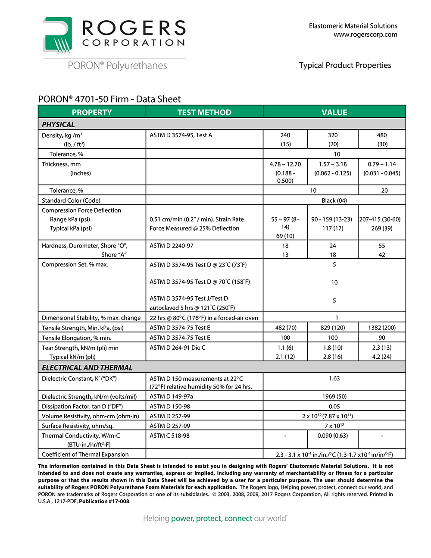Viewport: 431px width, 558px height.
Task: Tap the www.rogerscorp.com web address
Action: pos(365,34)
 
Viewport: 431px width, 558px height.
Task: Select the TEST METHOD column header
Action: pos(204,112)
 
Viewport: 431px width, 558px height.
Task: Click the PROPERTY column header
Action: pos(92,112)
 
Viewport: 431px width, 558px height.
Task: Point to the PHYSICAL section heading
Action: pos(58,124)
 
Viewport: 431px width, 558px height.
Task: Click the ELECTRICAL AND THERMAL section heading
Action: pos(87,367)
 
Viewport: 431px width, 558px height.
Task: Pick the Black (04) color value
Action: pos(334,201)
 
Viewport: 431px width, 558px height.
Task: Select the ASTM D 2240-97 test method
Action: pos(172,246)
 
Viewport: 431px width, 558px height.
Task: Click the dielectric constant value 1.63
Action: pos(334,379)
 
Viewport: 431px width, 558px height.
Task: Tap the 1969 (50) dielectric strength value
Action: pos(334,396)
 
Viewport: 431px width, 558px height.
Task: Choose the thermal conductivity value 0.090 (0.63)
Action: pos(332,436)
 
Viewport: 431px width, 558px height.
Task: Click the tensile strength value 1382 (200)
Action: pos(381,328)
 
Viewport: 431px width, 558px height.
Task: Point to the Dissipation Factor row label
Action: pos(82,406)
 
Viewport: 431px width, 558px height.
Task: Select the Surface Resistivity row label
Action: pos(78,426)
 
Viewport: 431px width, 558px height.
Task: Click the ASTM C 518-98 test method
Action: pos(169,436)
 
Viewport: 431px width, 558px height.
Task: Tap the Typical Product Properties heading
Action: pos(345,65)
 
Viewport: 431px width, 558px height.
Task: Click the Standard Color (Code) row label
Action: pos(71,201)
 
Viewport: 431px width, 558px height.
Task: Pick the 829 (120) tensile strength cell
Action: pos(332,328)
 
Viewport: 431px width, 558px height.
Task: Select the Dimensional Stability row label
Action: pos(91,318)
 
